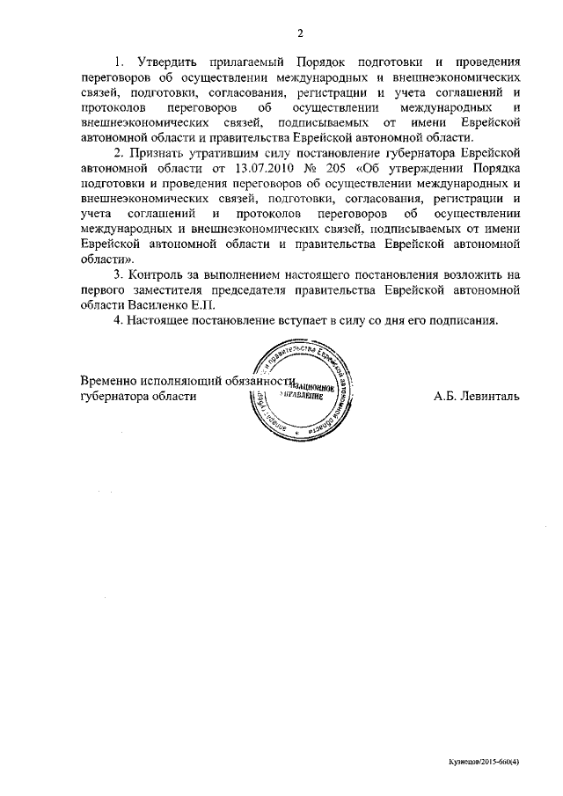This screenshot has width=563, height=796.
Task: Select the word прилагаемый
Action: [x=250, y=62]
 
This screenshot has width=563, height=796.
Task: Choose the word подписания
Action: [x=455, y=320]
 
